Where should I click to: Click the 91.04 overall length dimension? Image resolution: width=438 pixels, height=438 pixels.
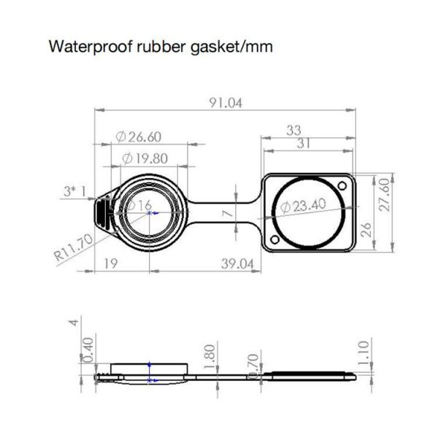click(x=225, y=103)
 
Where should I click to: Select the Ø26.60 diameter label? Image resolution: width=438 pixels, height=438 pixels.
click(x=138, y=137)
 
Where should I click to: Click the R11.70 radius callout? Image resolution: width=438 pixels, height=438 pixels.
click(x=73, y=248)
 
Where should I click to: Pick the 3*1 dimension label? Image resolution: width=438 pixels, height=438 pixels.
click(x=74, y=192)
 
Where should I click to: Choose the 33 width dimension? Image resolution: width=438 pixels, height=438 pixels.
click(x=293, y=130)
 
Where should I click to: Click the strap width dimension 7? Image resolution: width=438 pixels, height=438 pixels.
click(x=228, y=212)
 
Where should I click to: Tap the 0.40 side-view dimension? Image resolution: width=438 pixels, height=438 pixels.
click(x=89, y=349)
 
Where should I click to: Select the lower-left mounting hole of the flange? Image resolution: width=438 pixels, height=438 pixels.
click(x=274, y=239)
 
